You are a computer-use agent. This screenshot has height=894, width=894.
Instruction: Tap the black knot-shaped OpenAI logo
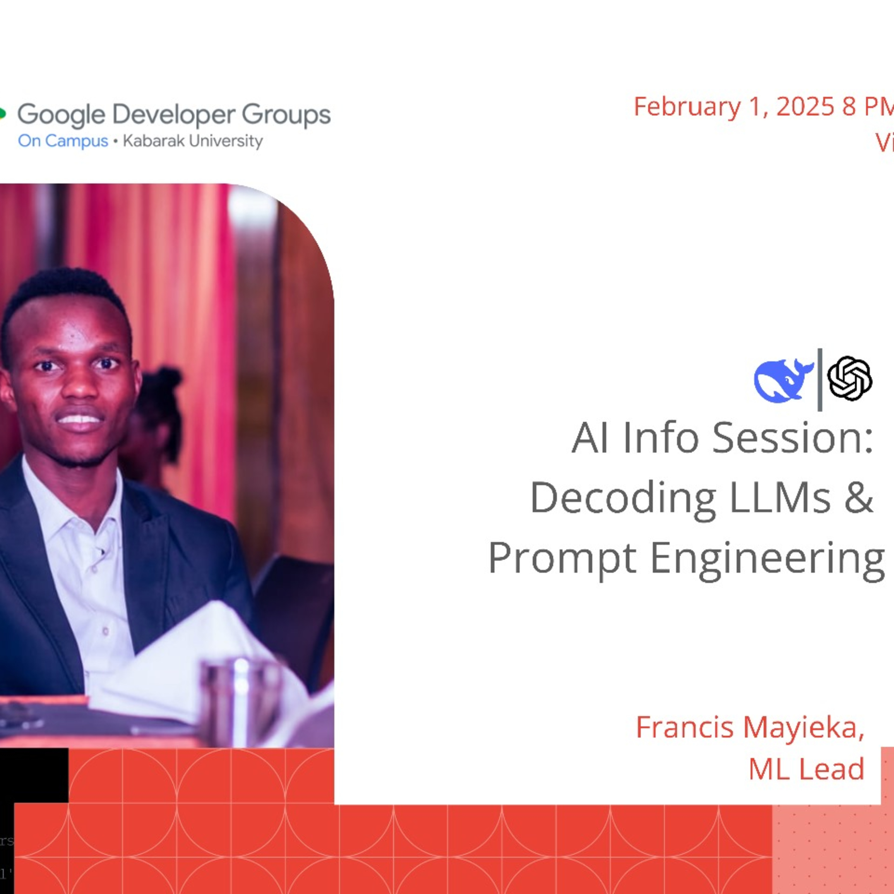point(850,378)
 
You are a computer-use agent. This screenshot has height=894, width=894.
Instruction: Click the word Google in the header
point(61,115)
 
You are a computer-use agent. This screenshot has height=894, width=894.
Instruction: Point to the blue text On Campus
point(62,141)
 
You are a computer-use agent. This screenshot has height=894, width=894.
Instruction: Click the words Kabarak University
point(192,141)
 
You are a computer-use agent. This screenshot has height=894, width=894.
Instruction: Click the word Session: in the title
point(792,438)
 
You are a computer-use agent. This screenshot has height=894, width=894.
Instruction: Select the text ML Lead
point(806,769)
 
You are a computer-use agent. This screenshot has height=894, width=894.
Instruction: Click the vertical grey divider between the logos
point(820,380)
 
